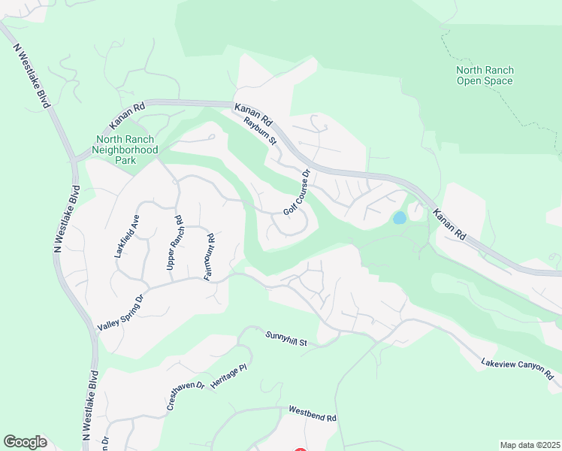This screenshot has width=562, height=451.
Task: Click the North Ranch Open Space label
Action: coord(485,75)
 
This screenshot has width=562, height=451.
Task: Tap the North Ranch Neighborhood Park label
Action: coord(125,150)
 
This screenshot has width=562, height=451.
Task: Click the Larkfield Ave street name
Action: coord(128,237)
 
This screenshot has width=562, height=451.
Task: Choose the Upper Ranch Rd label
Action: coord(174,244)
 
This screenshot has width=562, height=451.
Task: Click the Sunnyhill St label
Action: coord(287,338)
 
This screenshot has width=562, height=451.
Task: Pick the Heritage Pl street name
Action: coord(228,376)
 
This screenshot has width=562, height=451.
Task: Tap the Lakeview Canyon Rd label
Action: coord(521,371)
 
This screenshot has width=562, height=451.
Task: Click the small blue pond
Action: coord(400,218)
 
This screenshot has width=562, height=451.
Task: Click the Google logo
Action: coord(25,442)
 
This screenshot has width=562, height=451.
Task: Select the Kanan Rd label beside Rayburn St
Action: coord(253,115)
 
